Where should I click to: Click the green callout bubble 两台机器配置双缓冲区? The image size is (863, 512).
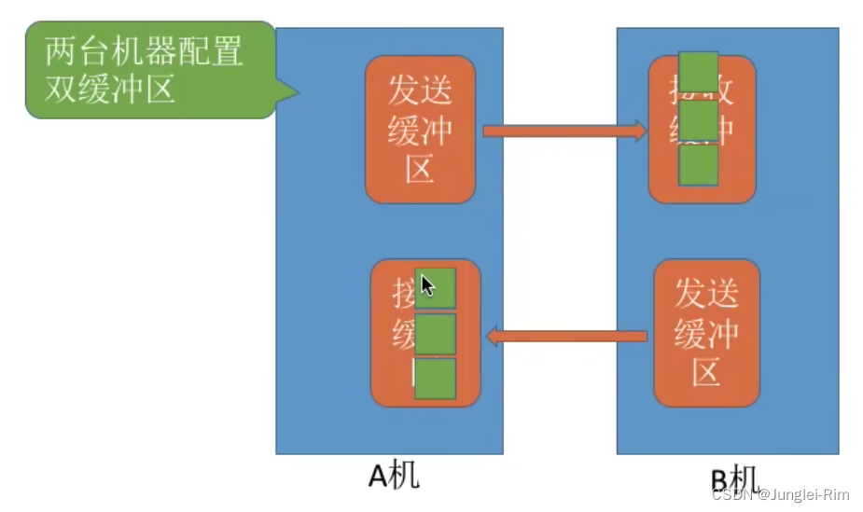coord(149,70)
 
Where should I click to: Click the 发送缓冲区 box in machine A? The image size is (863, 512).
coord(420,130)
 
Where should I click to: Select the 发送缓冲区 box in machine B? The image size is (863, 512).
coord(706,333)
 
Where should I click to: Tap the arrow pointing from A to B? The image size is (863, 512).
coord(564,131)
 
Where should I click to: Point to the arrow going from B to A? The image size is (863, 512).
coord(567,335)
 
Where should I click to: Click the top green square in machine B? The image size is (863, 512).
coord(698,74)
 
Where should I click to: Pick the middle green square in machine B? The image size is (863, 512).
coord(698,119)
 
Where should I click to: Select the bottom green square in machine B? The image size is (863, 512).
coord(698,165)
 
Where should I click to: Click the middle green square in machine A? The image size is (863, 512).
coord(435,334)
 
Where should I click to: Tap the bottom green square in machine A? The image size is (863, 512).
coord(435,380)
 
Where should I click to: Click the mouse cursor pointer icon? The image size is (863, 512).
coord(426,285)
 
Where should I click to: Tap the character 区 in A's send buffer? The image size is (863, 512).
coord(420,170)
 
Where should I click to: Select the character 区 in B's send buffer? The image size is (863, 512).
coord(706,373)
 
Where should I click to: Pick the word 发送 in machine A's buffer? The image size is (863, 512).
coord(420,90)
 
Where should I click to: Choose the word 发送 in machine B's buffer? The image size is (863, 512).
coord(706,293)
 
